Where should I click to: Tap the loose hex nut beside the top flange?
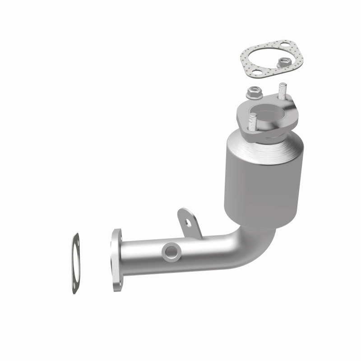pos(252,93)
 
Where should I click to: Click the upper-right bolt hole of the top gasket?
pos(285,45)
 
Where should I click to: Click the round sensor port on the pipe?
pos(171,251)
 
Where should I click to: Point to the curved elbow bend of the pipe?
pos(255,246)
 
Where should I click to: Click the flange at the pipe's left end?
pos(116,260)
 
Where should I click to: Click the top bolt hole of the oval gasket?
pos(75,239)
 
